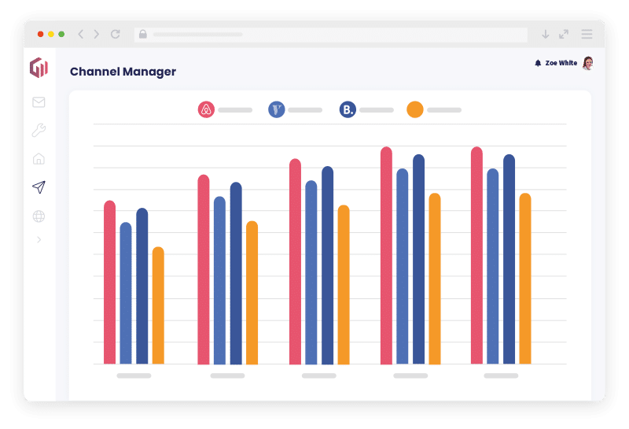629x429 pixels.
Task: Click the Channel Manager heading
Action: coord(123,72)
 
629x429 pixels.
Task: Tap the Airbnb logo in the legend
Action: coord(206,110)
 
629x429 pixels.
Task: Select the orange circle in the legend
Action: coord(415,110)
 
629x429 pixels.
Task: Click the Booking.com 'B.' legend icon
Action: coord(348,110)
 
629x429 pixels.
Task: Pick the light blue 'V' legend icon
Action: coord(277,110)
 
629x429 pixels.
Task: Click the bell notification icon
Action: coord(538,63)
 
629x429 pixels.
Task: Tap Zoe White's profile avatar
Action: coord(587,63)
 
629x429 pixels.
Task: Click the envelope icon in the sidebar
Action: coord(39,102)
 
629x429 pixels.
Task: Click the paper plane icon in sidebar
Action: coord(39,187)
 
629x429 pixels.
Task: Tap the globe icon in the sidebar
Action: coord(39,216)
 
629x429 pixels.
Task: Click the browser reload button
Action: coord(116,35)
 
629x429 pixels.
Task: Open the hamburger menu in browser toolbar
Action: coord(587,35)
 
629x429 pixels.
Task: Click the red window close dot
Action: coord(40,35)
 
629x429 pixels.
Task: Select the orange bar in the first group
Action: coord(158,307)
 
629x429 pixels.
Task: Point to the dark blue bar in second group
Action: coord(236,276)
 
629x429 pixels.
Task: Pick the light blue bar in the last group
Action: coord(493,268)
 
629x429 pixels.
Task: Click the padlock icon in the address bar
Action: coord(142,35)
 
